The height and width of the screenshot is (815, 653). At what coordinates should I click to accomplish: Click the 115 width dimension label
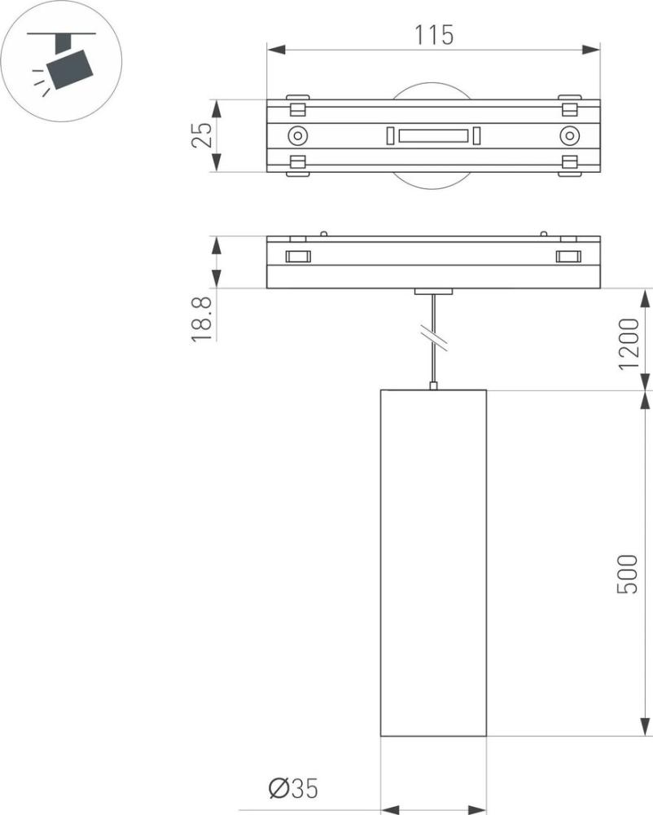tap(433, 35)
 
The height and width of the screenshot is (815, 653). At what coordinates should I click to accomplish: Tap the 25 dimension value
tap(202, 135)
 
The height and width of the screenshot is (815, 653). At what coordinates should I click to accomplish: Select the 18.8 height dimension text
tap(202, 319)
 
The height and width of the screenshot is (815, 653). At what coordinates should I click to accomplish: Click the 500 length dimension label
tap(627, 574)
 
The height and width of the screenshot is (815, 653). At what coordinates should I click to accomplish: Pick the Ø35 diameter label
tap(293, 788)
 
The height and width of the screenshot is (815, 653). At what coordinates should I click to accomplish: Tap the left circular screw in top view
tap(297, 136)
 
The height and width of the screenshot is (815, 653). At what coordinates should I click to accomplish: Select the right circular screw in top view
tap(569, 136)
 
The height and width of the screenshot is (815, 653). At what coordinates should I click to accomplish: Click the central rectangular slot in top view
tap(433, 135)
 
